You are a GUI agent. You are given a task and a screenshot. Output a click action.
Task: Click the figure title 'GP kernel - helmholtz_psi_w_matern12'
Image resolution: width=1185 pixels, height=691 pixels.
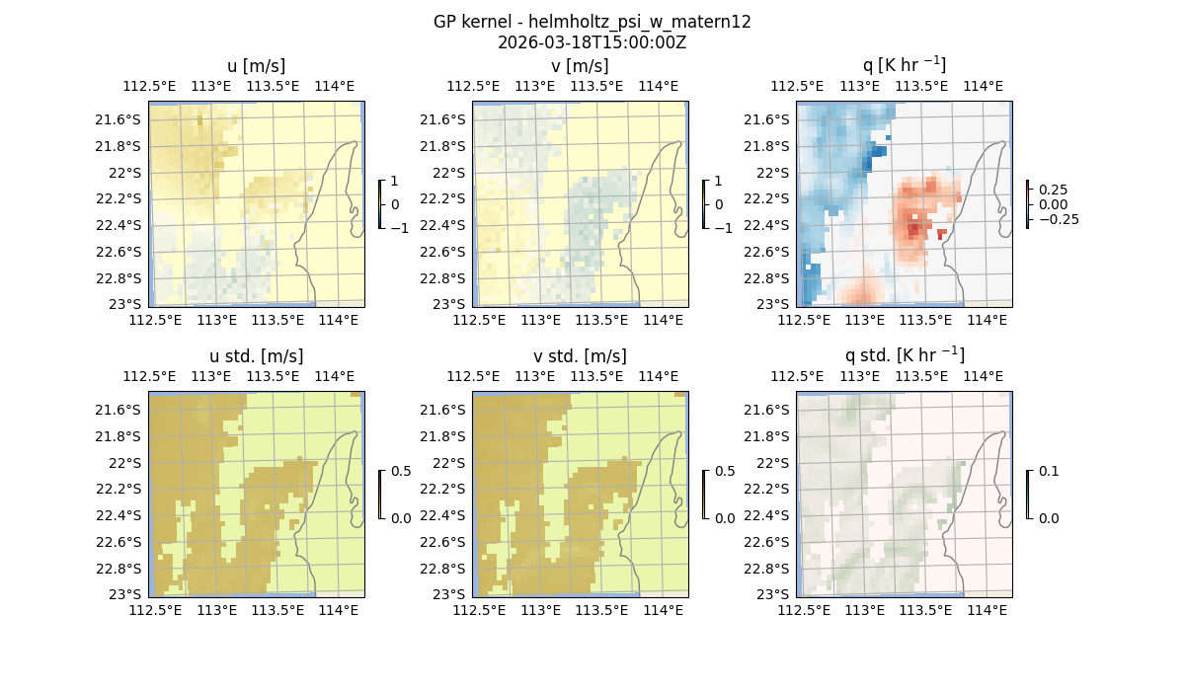click(592, 22)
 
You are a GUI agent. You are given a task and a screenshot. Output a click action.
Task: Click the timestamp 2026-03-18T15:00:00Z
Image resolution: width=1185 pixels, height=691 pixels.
click(592, 42)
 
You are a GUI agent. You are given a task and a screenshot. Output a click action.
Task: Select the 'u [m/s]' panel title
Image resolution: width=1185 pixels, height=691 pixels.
click(256, 66)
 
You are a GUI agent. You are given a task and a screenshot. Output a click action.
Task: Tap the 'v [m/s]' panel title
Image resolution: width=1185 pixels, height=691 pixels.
click(580, 66)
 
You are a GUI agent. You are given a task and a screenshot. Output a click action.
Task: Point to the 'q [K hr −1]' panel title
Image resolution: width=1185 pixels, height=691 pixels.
click(904, 65)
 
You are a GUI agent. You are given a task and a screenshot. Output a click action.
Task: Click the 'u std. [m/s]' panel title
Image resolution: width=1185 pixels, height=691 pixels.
click(256, 356)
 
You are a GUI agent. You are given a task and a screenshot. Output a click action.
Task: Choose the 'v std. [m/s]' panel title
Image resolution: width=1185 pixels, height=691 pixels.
click(580, 356)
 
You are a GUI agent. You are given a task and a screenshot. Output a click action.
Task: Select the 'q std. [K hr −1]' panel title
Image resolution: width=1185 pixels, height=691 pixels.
click(904, 355)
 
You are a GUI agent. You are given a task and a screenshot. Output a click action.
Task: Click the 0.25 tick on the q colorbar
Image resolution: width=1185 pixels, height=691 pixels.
click(1053, 190)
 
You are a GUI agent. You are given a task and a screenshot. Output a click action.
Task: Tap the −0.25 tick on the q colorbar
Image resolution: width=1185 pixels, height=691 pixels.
click(1058, 219)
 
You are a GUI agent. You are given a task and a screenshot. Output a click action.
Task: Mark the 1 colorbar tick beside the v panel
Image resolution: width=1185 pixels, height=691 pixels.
click(718, 182)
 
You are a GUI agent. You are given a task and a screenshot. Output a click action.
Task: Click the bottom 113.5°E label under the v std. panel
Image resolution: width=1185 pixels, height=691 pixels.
click(601, 611)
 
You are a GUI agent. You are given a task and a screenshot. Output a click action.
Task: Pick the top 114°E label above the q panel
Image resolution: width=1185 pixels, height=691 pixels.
click(982, 86)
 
